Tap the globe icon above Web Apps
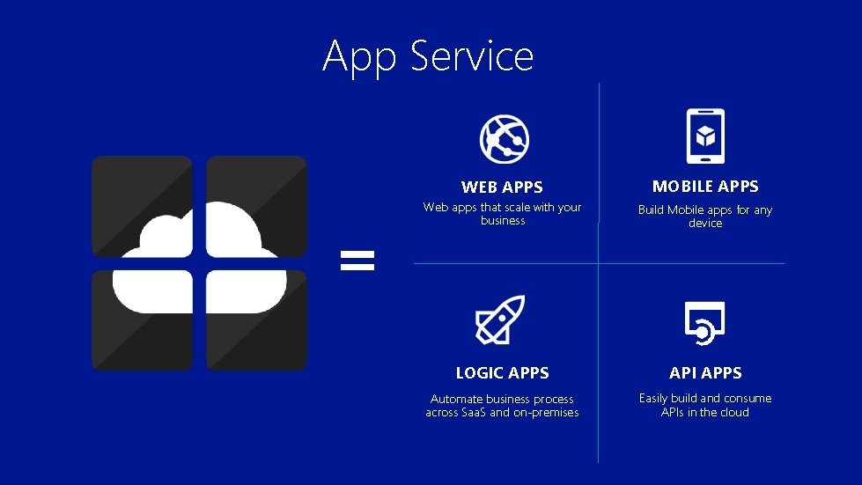click(x=503, y=138)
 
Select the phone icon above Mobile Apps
click(x=705, y=136)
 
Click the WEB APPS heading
click(x=502, y=187)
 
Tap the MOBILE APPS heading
click(x=705, y=186)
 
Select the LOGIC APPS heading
click(x=502, y=373)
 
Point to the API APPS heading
click(x=705, y=373)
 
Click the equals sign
click(x=357, y=260)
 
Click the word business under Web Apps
click(x=503, y=221)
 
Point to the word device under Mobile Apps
click(x=705, y=224)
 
